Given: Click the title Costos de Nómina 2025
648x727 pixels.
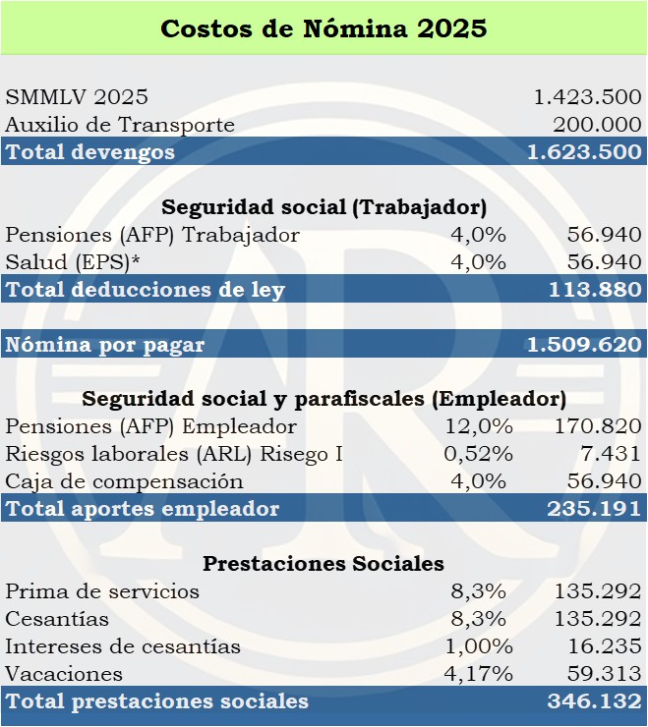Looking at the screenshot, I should click(324, 28).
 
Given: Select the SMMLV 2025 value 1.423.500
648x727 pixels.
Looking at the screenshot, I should click(587, 97).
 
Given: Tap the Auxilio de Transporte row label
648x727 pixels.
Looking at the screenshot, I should click(120, 125).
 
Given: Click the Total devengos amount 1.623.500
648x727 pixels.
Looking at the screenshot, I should click(584, 152).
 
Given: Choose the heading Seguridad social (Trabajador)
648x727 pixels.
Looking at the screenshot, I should click(324, 207).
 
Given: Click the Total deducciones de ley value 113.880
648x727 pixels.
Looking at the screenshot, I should click(596, 290).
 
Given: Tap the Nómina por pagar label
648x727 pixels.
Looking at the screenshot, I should click(104, 345).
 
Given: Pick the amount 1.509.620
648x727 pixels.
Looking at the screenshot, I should click(584, 345).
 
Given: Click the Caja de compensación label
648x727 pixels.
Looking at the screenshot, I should click(124, 481).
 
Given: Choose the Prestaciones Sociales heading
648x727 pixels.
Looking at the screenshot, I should click(324, 564).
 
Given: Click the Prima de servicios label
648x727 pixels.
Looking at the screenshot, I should click(102, 591).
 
